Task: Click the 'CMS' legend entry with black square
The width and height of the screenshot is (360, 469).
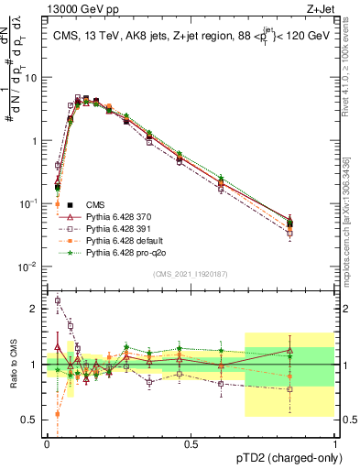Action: (95, 205)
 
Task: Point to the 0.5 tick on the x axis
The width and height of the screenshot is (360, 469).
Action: (191, 444)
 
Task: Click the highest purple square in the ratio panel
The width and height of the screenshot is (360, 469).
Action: (58, 300)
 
